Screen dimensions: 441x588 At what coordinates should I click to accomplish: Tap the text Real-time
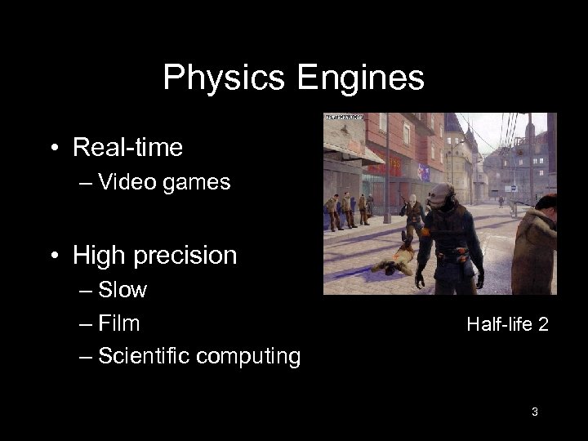(127, 148)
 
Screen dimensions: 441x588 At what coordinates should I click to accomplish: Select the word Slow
(122, 290)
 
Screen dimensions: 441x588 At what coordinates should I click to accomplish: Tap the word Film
(118, 323)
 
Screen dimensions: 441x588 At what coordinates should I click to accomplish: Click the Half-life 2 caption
(507, 325)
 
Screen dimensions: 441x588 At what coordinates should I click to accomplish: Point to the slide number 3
(534, 412)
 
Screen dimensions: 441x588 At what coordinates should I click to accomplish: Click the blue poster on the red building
(424, 171)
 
